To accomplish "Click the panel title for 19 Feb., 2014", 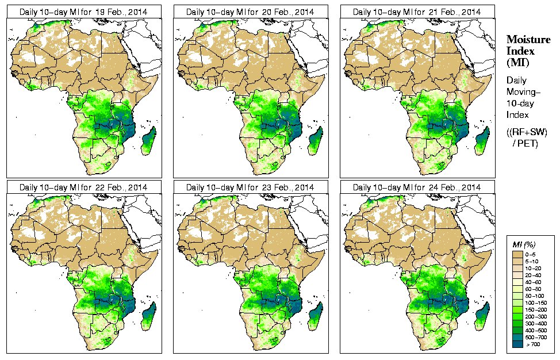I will click(83, 12).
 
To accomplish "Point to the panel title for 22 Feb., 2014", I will click(83, 187).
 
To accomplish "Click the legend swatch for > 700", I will click(517, 344).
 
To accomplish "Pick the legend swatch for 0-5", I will click(517, 254).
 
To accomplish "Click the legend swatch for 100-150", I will click(517, 302).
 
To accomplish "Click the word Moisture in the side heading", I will click(528, 39).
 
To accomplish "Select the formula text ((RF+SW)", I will click(527, 132).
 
